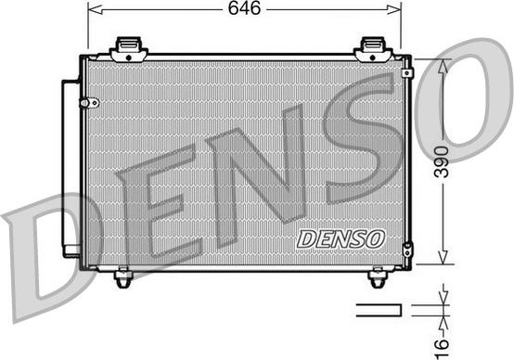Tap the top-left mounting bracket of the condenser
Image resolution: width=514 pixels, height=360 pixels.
pos(129,47)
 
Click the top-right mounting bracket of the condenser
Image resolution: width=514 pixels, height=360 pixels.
pos(372,47)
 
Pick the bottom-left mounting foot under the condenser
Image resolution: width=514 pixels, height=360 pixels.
pos(122,276)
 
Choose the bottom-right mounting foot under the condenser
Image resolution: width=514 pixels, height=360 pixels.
pos(377,276)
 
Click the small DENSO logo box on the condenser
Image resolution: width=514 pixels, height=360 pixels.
pos(341,238)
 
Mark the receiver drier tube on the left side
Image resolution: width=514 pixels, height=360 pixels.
pos(70,167)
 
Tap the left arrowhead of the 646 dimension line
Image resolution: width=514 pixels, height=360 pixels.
pos(91,8)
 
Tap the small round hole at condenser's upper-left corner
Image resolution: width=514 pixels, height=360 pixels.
pos(91,101)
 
